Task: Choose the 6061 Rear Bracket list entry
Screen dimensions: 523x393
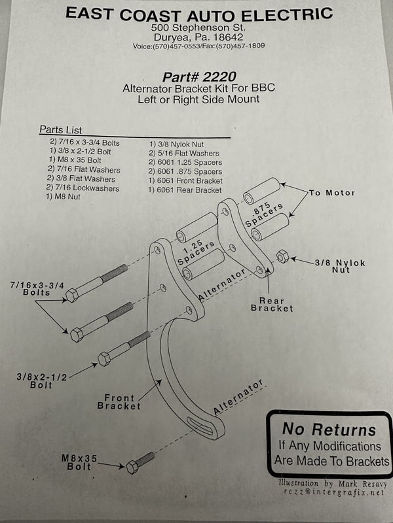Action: tap(185, 190)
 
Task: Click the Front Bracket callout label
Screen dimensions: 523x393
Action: tap(119, 401)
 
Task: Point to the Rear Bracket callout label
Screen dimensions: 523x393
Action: tap(271, 303)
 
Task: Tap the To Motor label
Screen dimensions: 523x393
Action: tap(331, 193)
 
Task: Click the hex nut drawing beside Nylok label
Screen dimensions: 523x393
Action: tap(283, 256)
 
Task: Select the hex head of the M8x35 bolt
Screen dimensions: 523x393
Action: tap(133, 466)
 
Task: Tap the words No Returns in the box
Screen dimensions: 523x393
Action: tap(329, 430)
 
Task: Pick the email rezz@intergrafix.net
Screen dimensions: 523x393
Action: tap(333, 493)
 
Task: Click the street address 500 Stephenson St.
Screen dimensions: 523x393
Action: tap(198, 28)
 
